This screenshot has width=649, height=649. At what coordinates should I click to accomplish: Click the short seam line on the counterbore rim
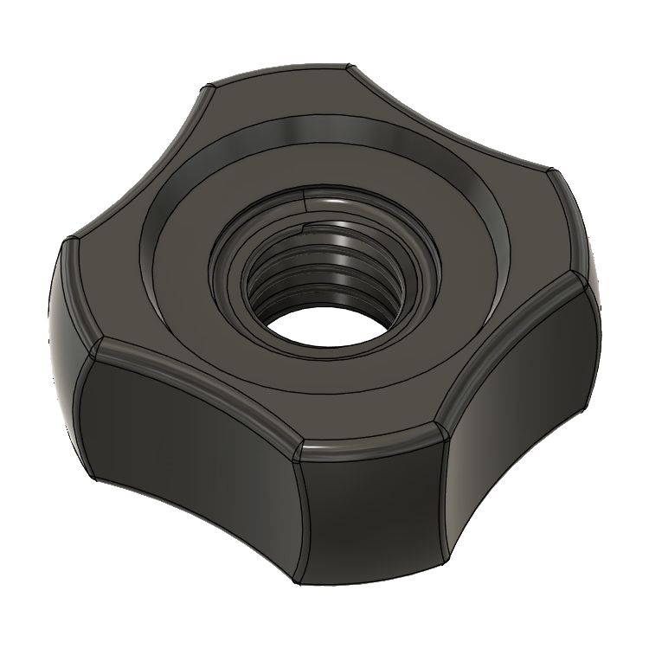click(x=309, y=199)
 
